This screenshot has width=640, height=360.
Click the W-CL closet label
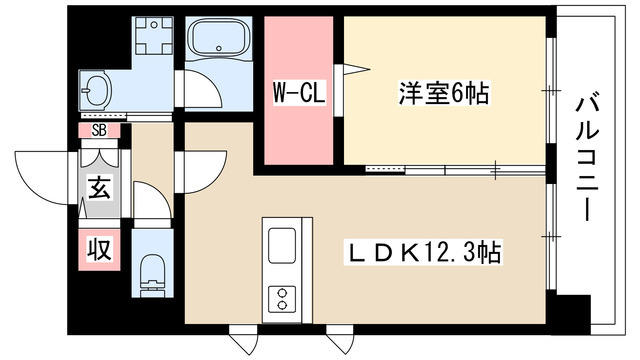[x=299, y=93]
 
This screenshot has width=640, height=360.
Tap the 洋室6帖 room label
[x=444, y=93]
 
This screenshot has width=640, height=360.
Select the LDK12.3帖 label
[x=424, y=253]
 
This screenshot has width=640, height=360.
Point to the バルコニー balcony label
[x=587, y=158]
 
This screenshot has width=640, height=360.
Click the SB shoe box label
[x=99, y=130]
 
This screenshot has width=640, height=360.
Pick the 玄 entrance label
[x=100, y=188]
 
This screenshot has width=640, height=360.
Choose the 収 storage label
[x=99, y=249]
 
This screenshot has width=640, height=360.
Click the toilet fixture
[x=153, y=276]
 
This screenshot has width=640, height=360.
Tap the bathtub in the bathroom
[x=218, y=40]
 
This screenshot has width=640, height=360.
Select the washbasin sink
[x=96, y=90]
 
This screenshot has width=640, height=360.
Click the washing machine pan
[x=154, y=36]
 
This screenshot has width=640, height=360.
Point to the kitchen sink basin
[x=282, y=245]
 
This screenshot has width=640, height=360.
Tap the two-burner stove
[x=282, y=299]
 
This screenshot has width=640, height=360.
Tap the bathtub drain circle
[x=219, y=48]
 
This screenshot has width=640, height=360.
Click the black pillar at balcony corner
[x=571, y=313]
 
